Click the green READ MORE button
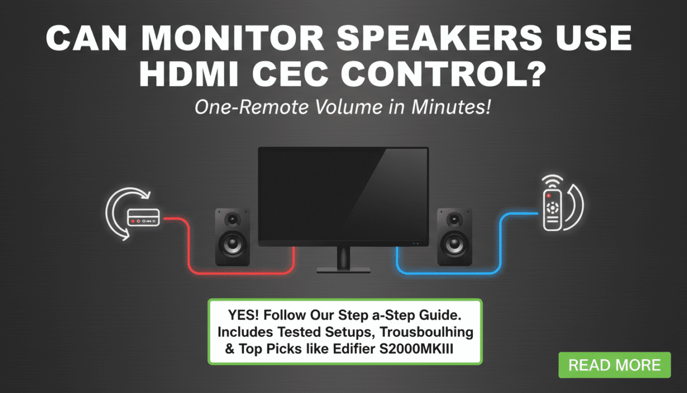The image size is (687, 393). (614, 365)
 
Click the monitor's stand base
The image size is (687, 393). (343, 269)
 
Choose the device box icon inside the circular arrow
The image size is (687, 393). (143, 217)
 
